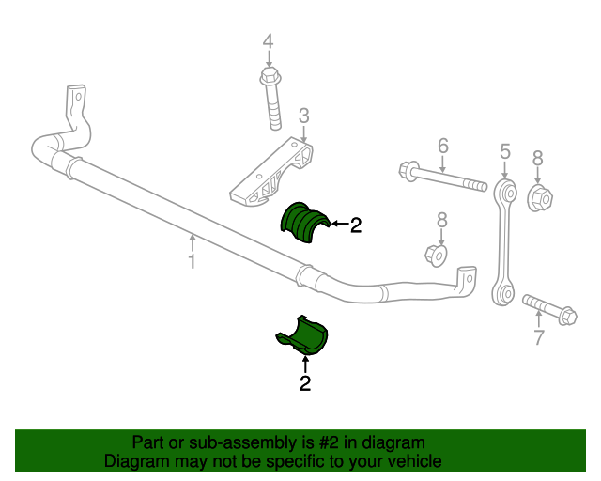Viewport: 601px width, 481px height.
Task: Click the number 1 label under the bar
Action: (x=192, y=260)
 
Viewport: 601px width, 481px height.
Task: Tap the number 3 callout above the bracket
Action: (x=303, y=116)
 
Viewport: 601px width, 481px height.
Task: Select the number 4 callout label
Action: (x=268, y=42)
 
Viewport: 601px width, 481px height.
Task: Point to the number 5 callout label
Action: (x=504, y=150)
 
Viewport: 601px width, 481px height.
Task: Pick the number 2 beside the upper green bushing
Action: (x=356, y=225)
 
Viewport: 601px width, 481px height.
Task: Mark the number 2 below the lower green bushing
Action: (x=305, y=382)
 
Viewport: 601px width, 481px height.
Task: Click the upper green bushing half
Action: (x=303, y=224)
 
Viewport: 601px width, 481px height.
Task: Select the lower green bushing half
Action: (x=304, y=335)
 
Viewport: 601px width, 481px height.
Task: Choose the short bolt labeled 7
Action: (x=548, y=309)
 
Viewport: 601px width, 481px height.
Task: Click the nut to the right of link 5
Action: (x=540, y=197)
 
